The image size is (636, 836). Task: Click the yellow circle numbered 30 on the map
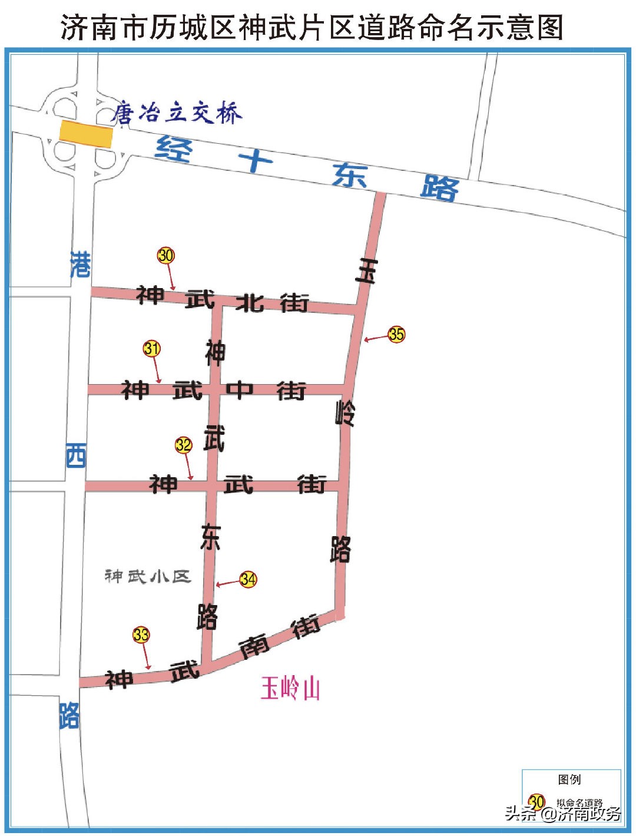tap(166, 255)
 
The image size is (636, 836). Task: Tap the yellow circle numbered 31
tap(152, 348)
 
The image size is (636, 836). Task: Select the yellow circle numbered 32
tap(184, 445)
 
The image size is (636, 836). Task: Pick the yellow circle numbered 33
tap(141, 635)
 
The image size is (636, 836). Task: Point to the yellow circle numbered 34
tap(248, 579)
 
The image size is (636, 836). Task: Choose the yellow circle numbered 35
tap(396, 335)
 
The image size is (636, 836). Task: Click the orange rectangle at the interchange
tap(86, 134)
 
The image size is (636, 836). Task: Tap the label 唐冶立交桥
tap(177, 113)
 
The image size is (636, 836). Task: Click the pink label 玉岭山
tap(290, 688)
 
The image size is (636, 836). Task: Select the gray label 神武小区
tap(148, 576)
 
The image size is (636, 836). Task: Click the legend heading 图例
tap(569, 779)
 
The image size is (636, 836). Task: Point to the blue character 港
tap(80, 265)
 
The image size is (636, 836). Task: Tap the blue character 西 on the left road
tap(76, 456)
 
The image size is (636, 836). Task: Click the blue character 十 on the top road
tap(256, 160)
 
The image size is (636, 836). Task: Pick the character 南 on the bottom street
tap(254, 646)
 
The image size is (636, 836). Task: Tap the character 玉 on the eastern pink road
tap(366, 270)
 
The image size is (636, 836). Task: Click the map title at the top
tap(312, 27)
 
